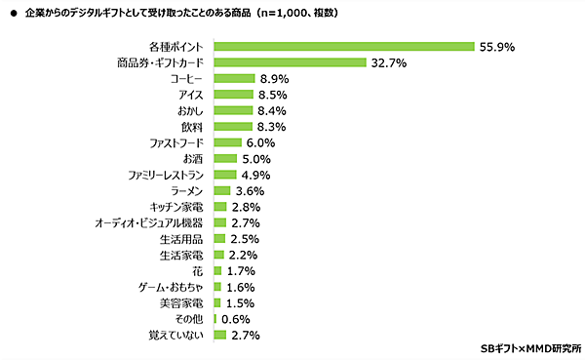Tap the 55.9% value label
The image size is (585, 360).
494,46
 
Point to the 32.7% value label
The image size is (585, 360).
387,62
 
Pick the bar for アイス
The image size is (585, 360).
233,95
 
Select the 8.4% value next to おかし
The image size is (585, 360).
271,110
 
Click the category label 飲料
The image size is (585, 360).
192,127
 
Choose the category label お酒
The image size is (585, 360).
193,158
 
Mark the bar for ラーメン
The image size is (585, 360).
221,190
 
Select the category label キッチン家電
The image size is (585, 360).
176,207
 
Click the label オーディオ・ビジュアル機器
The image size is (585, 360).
149,222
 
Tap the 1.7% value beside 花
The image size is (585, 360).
240,270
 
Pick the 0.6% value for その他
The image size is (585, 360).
235,318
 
